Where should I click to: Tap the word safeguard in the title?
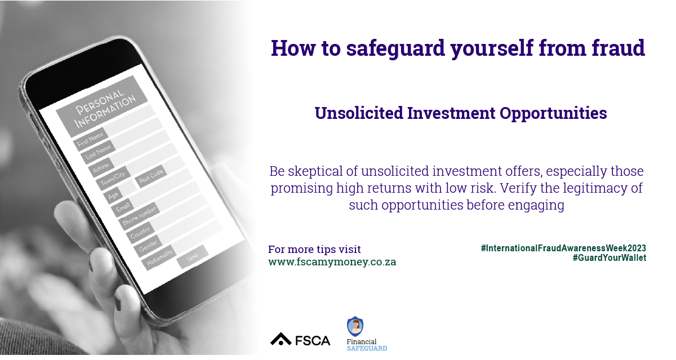click(395, 48)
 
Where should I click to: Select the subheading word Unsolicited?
click(359, 113)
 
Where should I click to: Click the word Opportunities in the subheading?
click(553, 113)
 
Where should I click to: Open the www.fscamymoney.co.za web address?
click(332, 261)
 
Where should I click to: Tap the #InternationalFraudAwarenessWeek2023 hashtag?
click(563, 248)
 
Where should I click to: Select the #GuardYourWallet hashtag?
click(610, 257)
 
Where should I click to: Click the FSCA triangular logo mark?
click(281, 339)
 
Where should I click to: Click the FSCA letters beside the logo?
click(312, 341)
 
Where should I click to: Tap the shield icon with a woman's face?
click(355, 326)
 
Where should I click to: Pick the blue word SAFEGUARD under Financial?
click(367, 349)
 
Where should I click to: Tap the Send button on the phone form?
click(193, 257)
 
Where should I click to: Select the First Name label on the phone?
click(90, 139)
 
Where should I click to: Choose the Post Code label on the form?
click(150, 176)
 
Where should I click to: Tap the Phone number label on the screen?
click(139, 215)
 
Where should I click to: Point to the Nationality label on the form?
click(159, 257)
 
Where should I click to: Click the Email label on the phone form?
click(123, 207)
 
